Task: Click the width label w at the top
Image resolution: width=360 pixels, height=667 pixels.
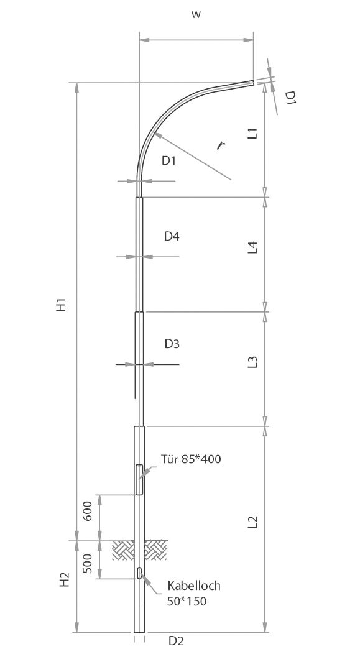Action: (196, 15)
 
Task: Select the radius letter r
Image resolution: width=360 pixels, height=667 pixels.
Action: (220, 145)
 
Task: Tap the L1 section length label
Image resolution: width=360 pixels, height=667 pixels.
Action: (252, 133)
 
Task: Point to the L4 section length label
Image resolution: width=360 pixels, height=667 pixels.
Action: (252, 249)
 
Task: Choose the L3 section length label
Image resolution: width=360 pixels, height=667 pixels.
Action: (252, 362)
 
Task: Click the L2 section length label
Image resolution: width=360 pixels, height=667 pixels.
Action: (252, 522)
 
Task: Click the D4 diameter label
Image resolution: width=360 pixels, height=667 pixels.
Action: (172, 236)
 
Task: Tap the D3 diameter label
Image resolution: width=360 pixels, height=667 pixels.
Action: (172, 344)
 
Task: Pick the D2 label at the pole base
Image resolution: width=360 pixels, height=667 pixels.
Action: (176, 641)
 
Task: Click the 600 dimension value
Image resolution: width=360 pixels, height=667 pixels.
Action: (88, 513)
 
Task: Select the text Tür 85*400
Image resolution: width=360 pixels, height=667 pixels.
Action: (191, 460)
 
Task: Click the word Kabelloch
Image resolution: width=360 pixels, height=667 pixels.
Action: (194, 586)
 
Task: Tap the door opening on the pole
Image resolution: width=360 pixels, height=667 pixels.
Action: (139, 479)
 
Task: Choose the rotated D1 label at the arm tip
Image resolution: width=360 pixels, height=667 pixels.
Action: (290, 98)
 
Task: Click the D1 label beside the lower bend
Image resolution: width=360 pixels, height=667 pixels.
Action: (169, 161)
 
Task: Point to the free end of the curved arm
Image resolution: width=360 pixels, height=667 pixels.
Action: (252, 81)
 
